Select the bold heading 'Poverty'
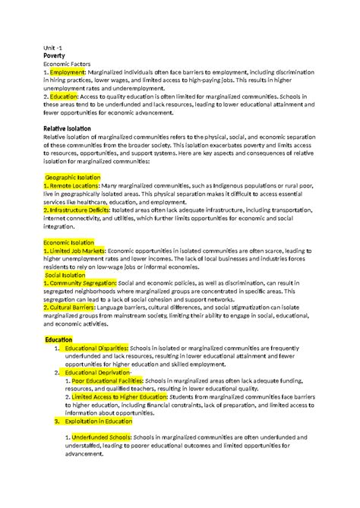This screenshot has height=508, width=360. click(58, 55)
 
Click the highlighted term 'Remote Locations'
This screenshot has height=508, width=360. click(74, 185)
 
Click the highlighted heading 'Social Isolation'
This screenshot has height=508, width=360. click(68, 277)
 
